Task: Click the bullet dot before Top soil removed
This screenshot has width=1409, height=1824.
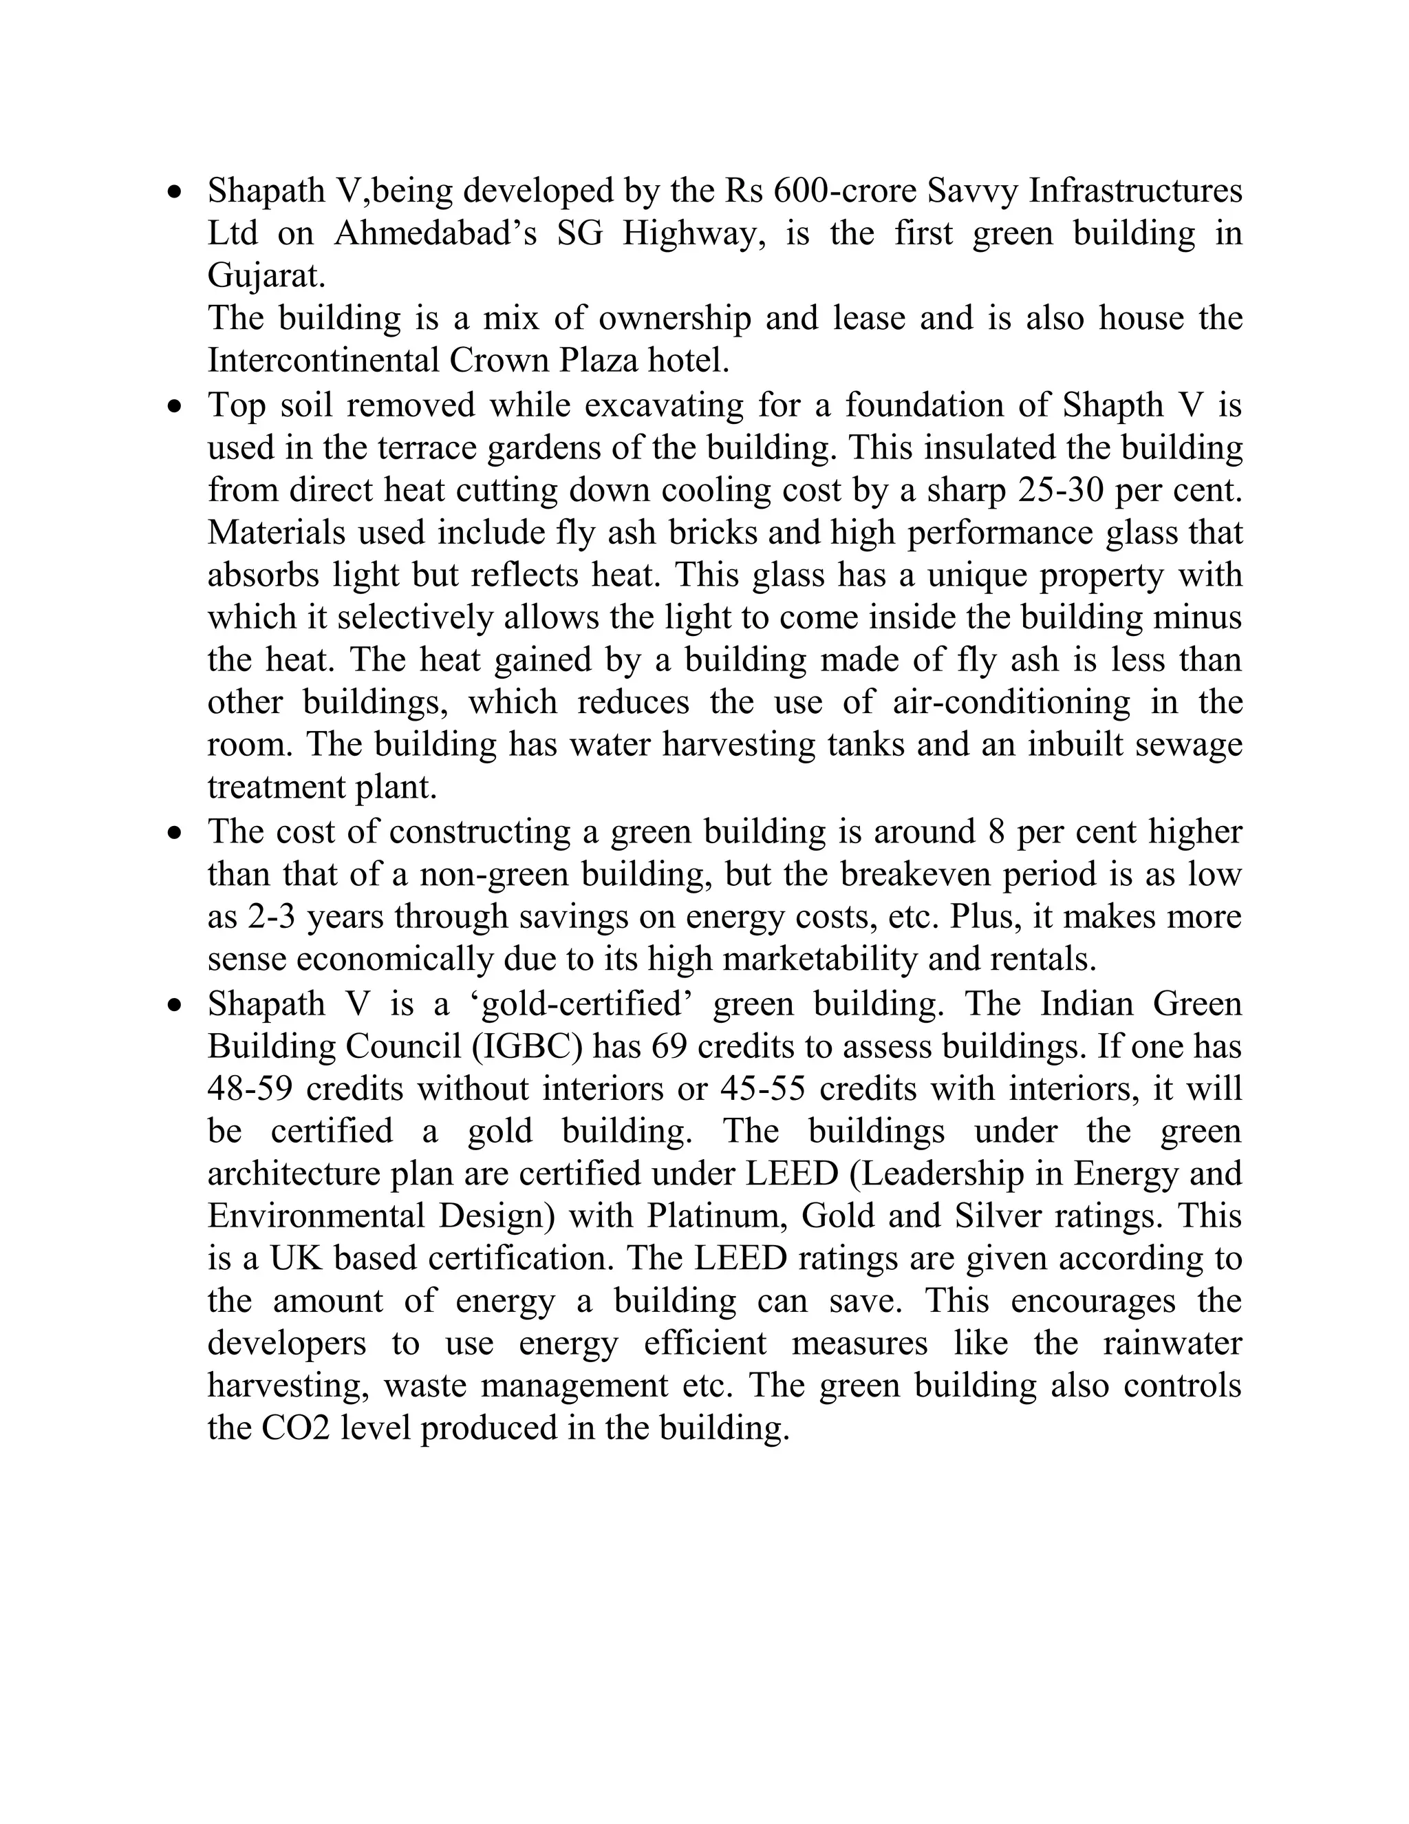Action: coord(173,407)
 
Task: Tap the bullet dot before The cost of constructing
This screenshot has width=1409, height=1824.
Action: coord(173,833)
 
